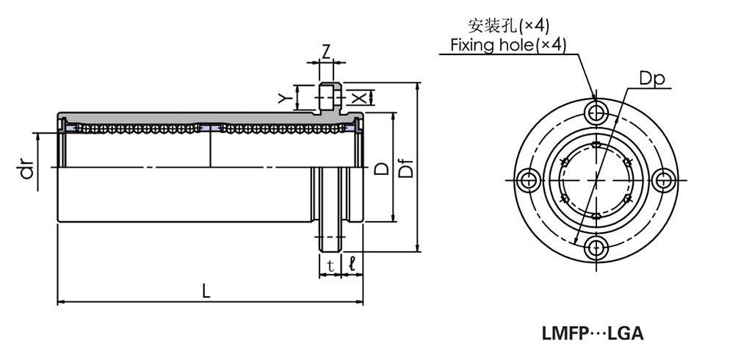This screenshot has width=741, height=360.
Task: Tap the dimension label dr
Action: [27, 171]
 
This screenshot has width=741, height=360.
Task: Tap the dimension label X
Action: [358, 97]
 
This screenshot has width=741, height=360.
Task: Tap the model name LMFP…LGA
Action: [593, 334]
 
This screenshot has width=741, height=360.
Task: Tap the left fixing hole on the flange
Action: [527, 179]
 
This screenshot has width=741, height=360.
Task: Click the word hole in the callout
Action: [516, 46]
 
